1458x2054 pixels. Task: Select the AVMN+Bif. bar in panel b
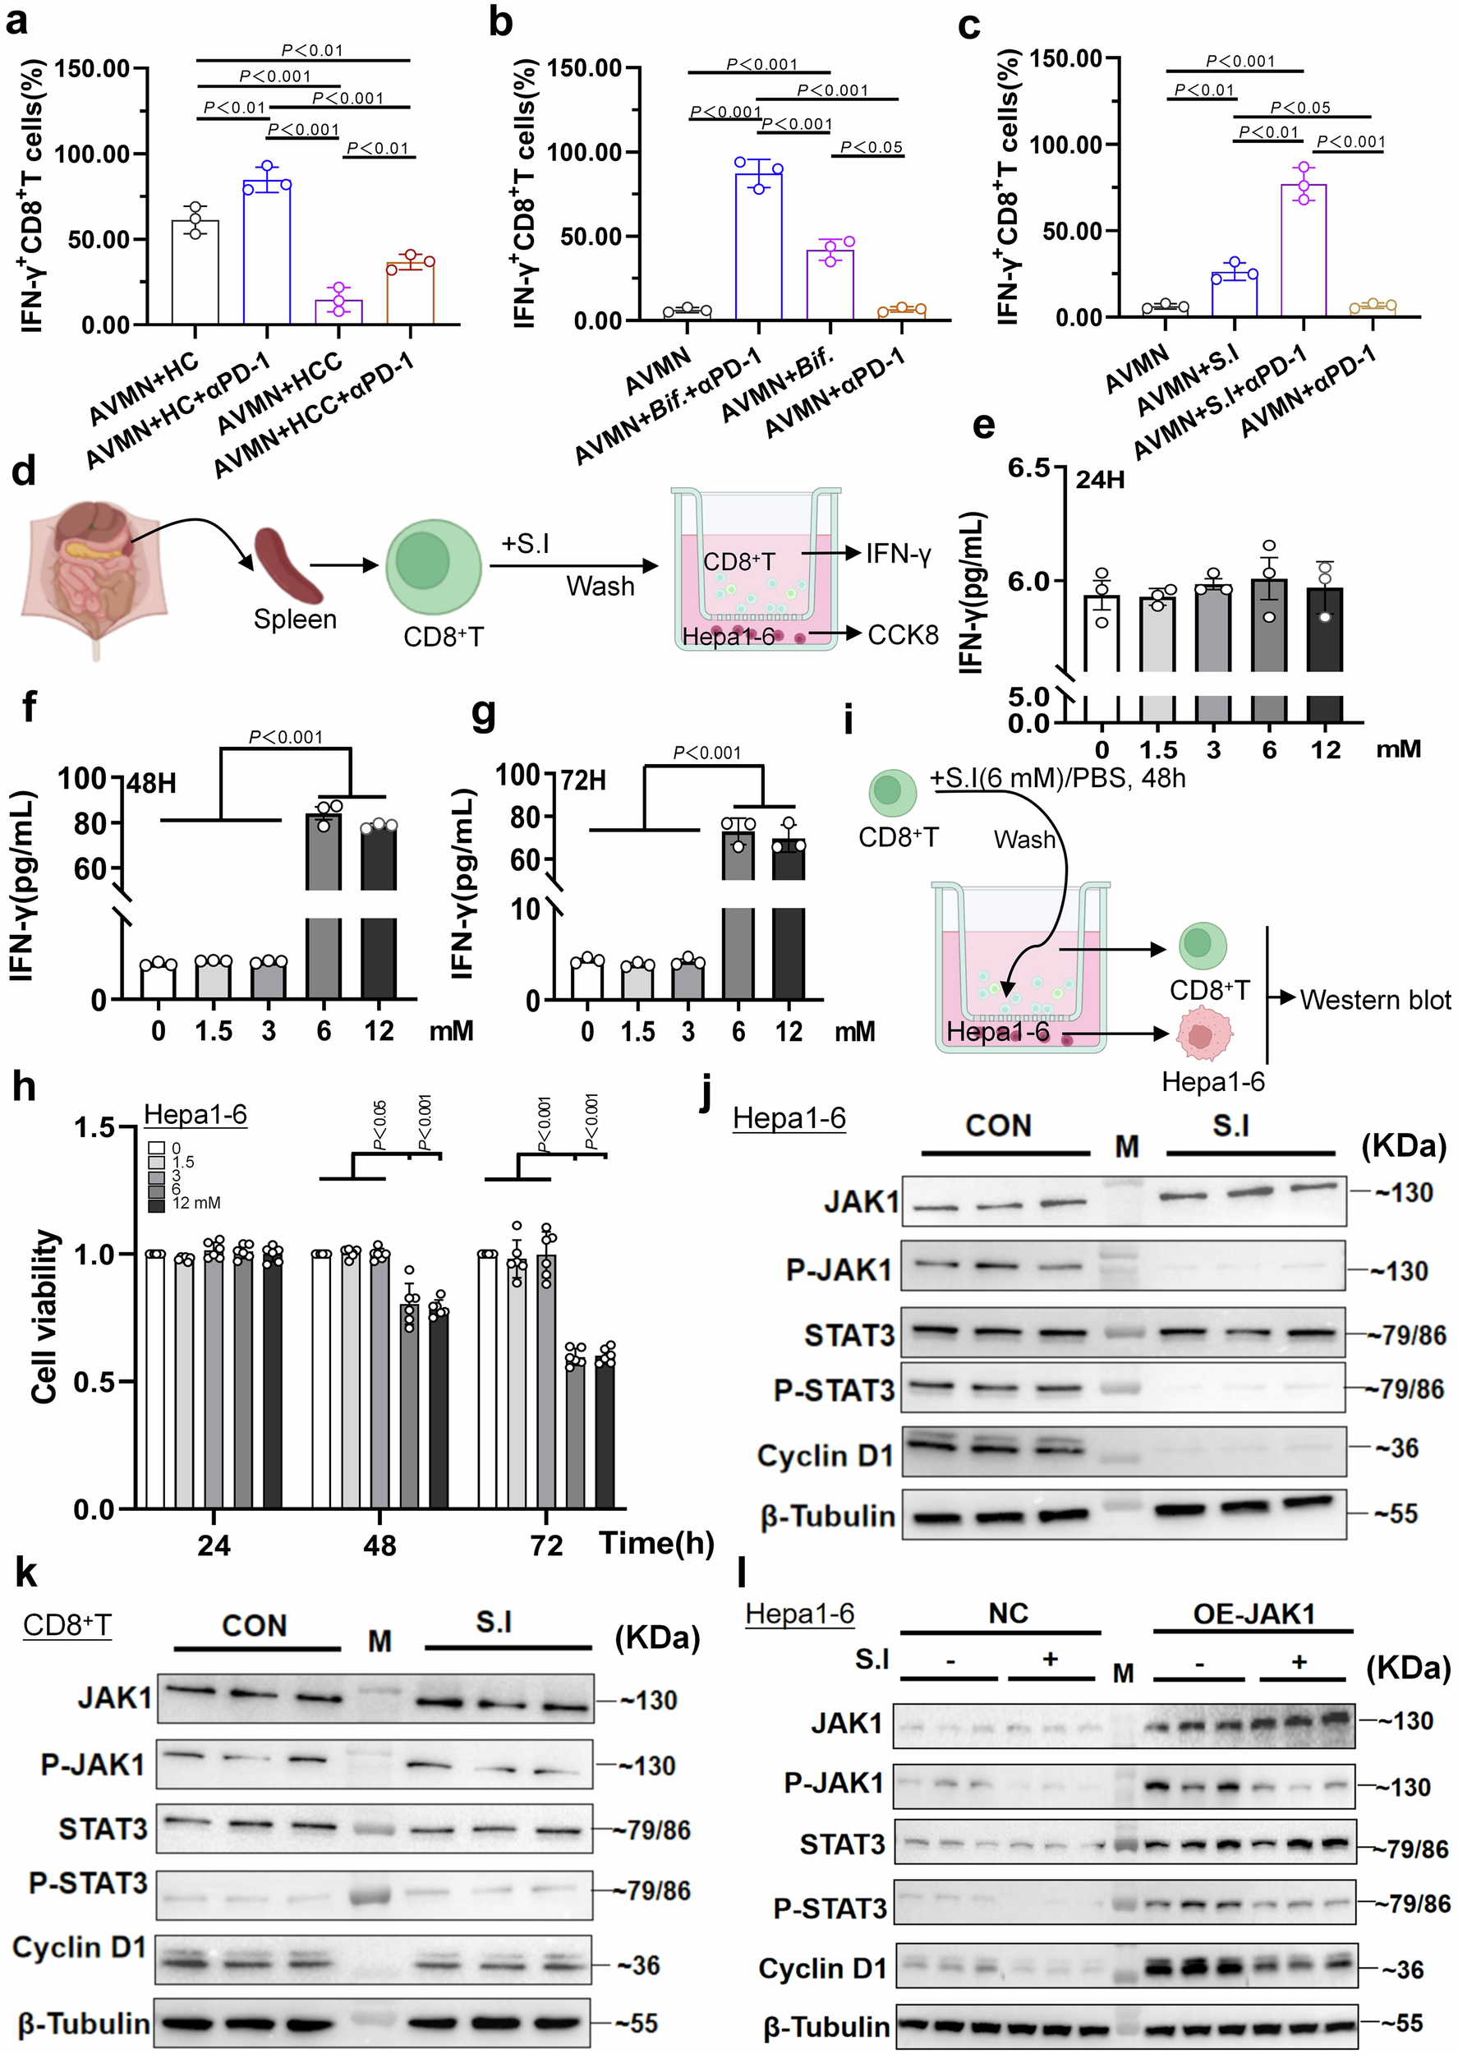830,284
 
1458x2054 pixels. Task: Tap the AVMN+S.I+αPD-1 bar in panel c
1303,251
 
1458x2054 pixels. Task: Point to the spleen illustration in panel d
289,565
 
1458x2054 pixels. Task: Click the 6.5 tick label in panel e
1029,468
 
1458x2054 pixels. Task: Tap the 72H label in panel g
582,781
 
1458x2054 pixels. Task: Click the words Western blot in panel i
1374,999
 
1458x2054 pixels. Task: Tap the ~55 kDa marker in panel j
1396,1514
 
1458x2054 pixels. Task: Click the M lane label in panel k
379,1641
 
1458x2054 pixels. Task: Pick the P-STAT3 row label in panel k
88,1882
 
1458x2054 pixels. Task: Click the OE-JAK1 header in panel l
1253,1614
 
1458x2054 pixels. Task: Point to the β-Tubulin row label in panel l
826,2027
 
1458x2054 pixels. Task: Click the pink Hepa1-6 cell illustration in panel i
1201,1035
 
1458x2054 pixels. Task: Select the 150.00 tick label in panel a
93,69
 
